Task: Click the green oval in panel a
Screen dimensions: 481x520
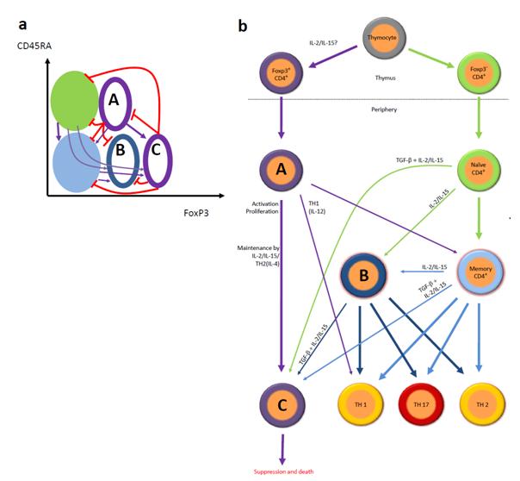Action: (74, 95)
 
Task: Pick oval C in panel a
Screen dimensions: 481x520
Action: (158, 160)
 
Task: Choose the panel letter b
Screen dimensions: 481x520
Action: (243, 28)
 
